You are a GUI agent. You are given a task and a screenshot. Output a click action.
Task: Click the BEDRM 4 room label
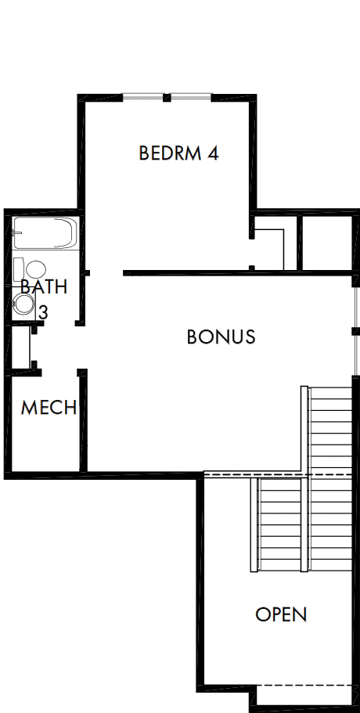(x=178, y=153)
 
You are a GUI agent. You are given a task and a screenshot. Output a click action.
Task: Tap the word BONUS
(x=221, y=337)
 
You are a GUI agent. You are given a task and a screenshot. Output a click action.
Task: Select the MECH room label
(x=49, y=408)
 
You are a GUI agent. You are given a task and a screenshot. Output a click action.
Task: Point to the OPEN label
(x=281, y=614)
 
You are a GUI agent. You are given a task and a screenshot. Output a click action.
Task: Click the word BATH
(x=44, y=286)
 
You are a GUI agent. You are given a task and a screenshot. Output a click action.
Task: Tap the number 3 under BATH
(x=44, y=311)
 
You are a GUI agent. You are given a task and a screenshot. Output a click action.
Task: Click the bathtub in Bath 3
(x=45, y=233)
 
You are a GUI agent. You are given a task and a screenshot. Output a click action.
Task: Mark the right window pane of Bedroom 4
(x=191, y=97)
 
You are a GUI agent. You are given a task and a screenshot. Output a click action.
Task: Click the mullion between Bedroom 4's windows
(x=167, y=97)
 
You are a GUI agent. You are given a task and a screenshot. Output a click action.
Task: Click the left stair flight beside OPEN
(x=279, y=524)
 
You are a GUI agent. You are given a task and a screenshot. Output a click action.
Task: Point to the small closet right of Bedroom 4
(x=326, y=242)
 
